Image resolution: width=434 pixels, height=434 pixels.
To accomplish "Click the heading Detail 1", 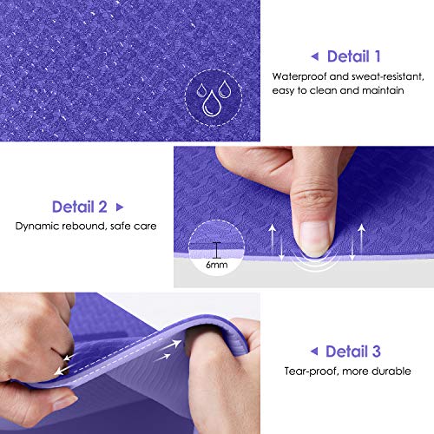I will click(x=354, y=56).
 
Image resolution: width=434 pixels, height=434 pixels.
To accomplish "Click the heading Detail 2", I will click(x=80, y=207).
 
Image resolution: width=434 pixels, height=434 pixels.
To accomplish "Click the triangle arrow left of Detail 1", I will click(x=314, y=57).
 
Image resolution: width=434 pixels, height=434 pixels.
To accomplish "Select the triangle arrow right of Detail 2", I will click(x=120, y=208).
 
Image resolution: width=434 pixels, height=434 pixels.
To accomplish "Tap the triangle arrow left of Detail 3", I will click(x=313, y=352).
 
